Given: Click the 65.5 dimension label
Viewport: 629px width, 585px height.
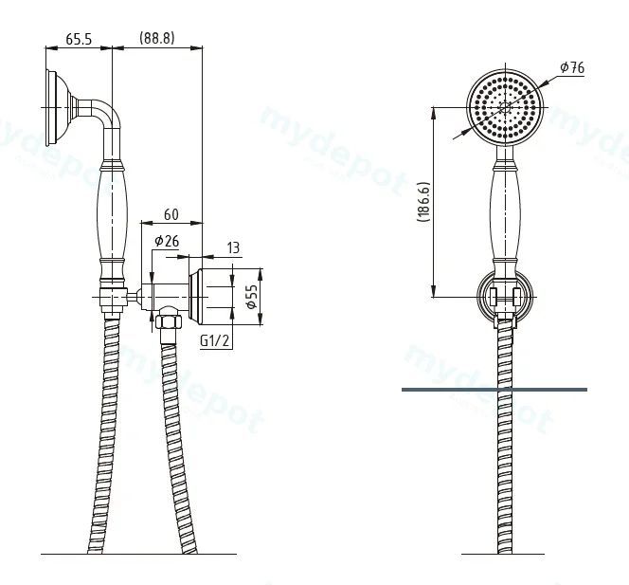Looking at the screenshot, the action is [x=79, y=39].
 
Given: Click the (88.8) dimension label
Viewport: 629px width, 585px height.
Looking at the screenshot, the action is [x=157, y=38].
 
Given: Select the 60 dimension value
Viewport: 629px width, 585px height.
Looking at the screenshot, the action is [x=171, y=214].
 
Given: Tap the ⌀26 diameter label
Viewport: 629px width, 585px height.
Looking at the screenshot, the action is [x=167, y=241].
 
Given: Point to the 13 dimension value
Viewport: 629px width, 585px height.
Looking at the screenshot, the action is [x=233, y=247].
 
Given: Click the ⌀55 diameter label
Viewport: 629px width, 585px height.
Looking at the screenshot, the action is [x=252, y=297].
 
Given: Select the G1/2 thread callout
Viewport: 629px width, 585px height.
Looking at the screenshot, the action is [x=215, y=341].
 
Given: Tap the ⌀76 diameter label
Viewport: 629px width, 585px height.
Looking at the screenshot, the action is [x=572, y=67].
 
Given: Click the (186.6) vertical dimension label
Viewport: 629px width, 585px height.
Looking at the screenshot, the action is [x=423, y=202].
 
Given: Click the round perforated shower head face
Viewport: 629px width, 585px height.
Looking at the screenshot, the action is [x=505, y=106].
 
